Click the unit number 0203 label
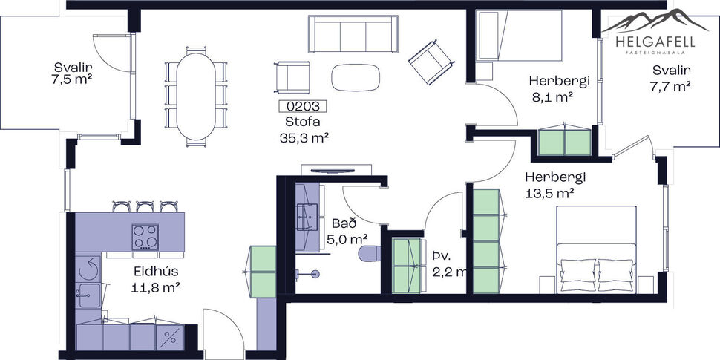pyautogui.click(x=302, y=107)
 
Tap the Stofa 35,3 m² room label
pyautogui.click(x=304, y=130)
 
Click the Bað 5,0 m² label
pyautogui.click(x=347, y=231)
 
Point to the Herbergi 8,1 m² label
pyautogui.click(x=552, y=88)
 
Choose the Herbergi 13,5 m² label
pyautogui.click(x=555, y=186)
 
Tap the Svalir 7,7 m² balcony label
pyautogui.click(x=671, y=78)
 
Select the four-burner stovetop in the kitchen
pyautogui.click(x=145, y=237)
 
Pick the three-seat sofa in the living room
pyautogui.click(x=353, y=33)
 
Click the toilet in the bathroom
pyautogui.click(x=369, y=254)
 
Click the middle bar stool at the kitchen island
pyautogui.click(x=145, y=206)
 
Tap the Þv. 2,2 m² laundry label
pyautogui.click(x=446, y=264)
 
